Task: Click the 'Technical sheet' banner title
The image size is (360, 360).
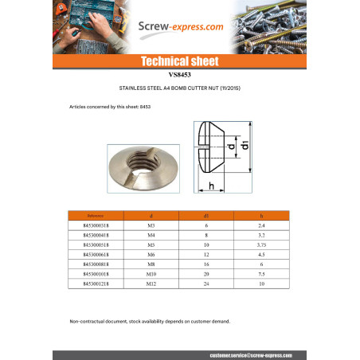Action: click(179, 61)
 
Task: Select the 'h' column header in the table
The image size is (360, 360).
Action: click(260, 216)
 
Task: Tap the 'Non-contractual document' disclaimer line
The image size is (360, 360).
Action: click(149, 321)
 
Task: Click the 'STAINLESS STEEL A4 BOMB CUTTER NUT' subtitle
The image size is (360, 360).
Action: click(179, 88)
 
